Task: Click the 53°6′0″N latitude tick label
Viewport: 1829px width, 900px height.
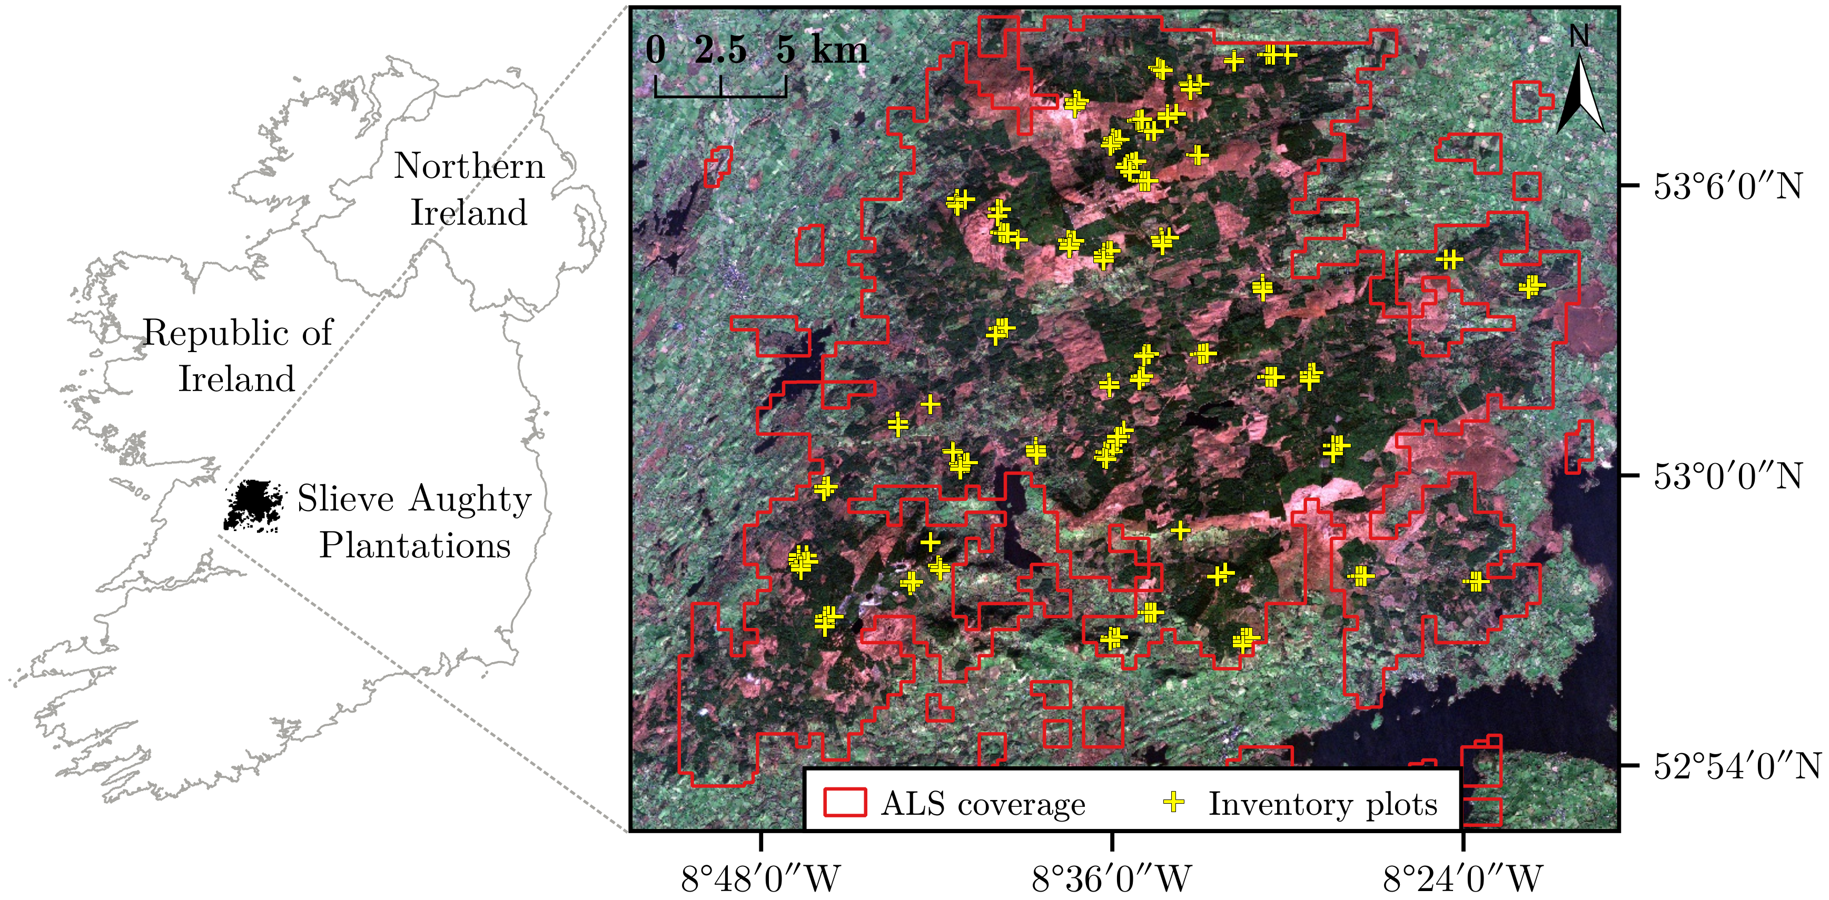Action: (1727, 187)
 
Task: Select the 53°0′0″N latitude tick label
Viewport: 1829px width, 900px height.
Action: (1727, 476)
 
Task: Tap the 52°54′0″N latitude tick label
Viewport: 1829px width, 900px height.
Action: (1736, 766)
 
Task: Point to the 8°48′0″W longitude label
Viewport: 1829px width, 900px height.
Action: (760, 879)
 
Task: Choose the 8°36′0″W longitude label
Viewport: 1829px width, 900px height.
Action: (1111, 879)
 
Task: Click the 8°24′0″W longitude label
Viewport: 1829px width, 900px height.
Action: (1462, 879)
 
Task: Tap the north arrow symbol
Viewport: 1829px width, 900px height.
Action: (1580, 96)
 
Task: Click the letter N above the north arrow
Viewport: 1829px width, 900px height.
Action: (1579, 35)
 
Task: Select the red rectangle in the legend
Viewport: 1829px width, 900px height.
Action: (844, 802)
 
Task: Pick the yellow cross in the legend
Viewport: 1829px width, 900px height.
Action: (1174, 802)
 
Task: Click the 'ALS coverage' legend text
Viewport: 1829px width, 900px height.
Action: (983, 804)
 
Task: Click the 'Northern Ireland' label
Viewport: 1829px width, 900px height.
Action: (469, 189)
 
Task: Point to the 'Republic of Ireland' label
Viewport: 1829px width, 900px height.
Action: (237, 355)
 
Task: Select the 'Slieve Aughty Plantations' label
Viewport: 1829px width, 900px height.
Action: (414, 521)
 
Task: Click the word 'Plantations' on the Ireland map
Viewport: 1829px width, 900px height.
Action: (414, 545)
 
